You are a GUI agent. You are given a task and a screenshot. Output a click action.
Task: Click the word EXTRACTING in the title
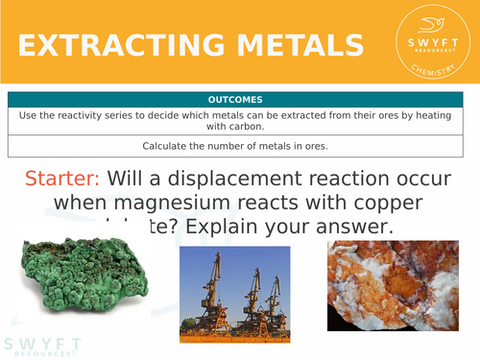coord(111,46)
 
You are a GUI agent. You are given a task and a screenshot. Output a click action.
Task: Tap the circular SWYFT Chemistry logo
coord(430,44)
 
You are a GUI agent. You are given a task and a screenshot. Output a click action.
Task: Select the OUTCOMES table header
coord(240,99)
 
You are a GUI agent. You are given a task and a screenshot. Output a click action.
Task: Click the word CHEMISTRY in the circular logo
coord(430,69)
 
